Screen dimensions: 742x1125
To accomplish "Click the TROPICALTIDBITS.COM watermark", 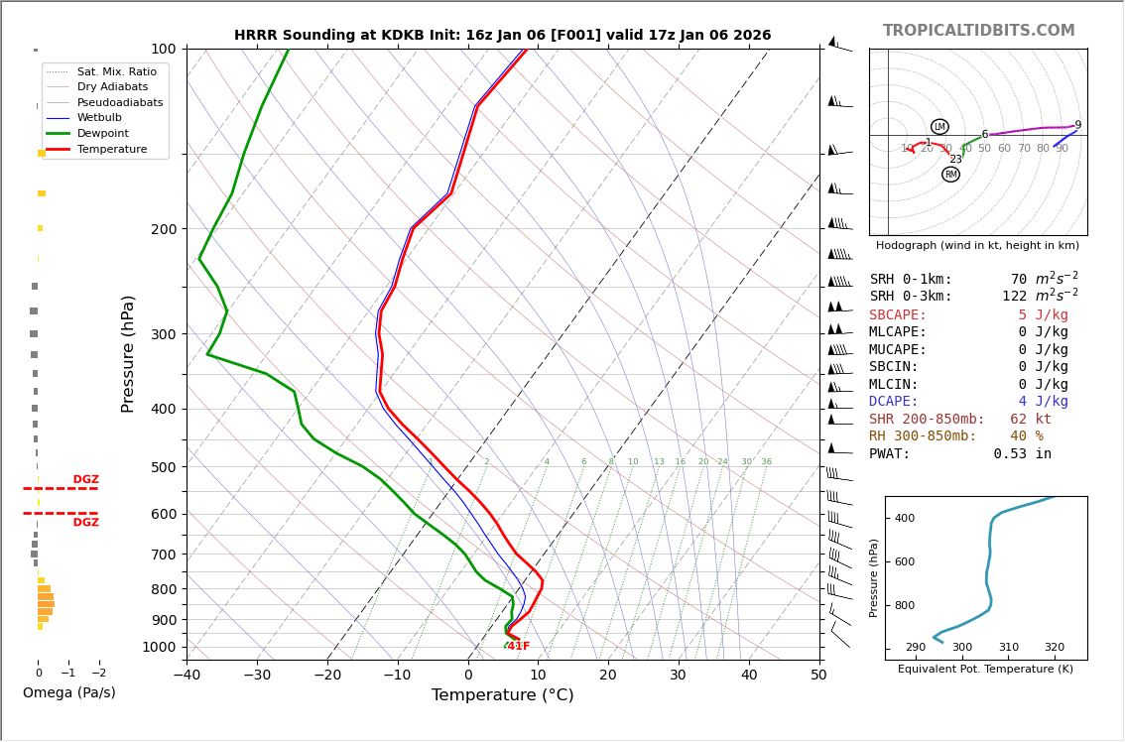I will pos(978,31).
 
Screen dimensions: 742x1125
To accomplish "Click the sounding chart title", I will pos(502,36).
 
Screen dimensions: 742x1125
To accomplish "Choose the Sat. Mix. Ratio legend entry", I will pos(116,71).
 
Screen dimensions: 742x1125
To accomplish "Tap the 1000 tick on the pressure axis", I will pos(159,647).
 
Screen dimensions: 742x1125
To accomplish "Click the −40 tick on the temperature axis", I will pos(187,677).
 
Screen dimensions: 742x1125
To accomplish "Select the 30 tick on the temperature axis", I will pos(678,677).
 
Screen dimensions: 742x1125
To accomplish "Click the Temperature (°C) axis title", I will pos(502,695).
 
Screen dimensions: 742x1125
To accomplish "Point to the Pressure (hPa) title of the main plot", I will pos(129,353).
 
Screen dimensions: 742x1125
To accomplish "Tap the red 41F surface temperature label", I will pos(518,647).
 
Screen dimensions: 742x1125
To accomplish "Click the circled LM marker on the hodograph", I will pos(939,127).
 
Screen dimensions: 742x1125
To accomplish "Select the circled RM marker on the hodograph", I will pos(950,175).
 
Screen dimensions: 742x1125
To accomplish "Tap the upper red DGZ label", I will pos(86,480).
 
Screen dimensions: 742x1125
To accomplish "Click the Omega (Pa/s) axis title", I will pos(69,693).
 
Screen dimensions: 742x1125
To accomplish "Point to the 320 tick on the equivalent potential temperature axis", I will pos(1054,648).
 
